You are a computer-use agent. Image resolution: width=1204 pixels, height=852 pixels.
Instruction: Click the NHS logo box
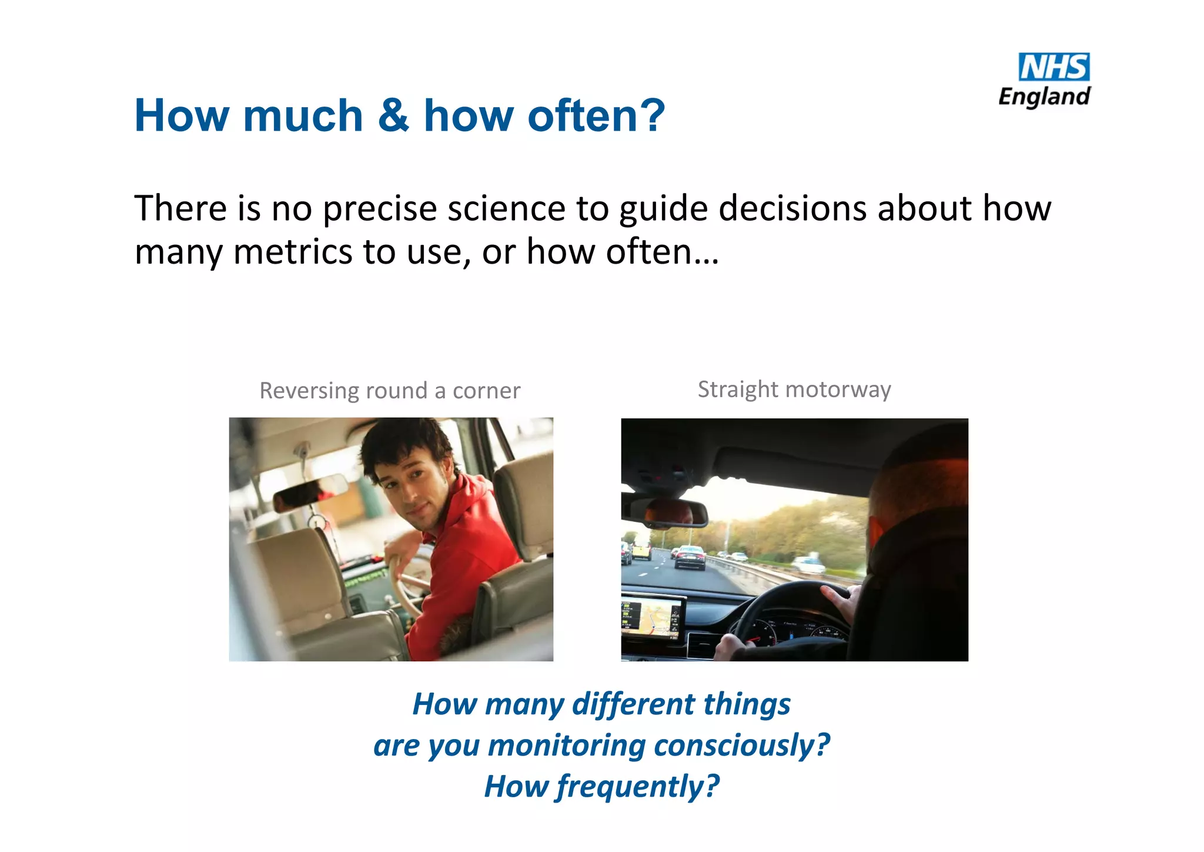(x=1053, y=67)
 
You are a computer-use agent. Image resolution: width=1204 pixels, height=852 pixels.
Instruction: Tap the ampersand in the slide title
(x=393, y=115)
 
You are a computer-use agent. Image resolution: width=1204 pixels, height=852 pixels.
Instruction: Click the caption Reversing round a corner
(x=390, y=391)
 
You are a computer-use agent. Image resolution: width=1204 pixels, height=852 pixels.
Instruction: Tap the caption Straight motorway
(x=794, y=390)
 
